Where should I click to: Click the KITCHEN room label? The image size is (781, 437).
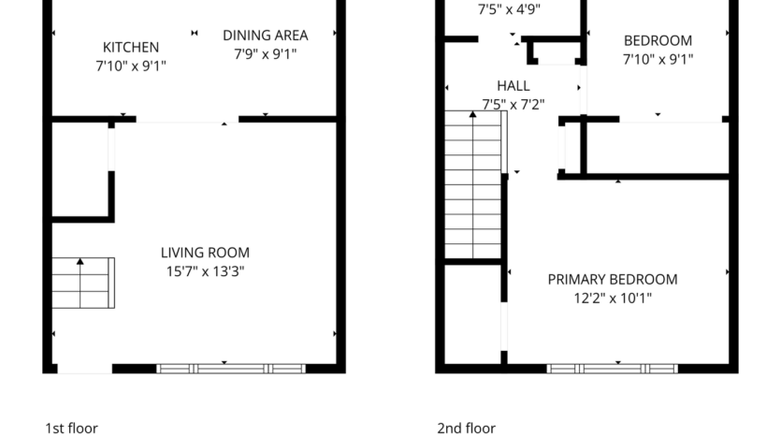130,47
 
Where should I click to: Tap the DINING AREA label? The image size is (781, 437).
265,36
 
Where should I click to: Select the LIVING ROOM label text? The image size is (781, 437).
205,253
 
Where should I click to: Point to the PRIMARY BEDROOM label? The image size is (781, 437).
612,279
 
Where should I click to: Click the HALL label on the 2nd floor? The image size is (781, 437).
513,85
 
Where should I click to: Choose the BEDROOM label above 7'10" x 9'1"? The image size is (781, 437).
658,40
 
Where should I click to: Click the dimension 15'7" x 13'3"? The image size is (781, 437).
205,272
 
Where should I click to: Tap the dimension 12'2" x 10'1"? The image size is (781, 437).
612,299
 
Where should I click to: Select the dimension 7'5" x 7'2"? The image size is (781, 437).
513,104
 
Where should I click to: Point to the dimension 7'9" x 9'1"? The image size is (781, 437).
265,54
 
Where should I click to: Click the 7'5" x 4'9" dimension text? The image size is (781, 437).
509,10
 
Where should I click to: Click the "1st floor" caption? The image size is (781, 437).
71,428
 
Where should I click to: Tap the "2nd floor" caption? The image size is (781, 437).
466,428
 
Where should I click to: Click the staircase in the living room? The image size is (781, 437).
82,283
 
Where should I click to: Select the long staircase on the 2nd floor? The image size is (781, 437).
472,183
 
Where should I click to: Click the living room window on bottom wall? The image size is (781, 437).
231,369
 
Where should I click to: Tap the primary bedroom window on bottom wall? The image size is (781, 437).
612,369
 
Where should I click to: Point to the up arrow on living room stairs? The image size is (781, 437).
80,263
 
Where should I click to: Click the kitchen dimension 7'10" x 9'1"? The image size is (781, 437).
130,66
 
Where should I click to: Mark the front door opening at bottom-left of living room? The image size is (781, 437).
84,369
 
